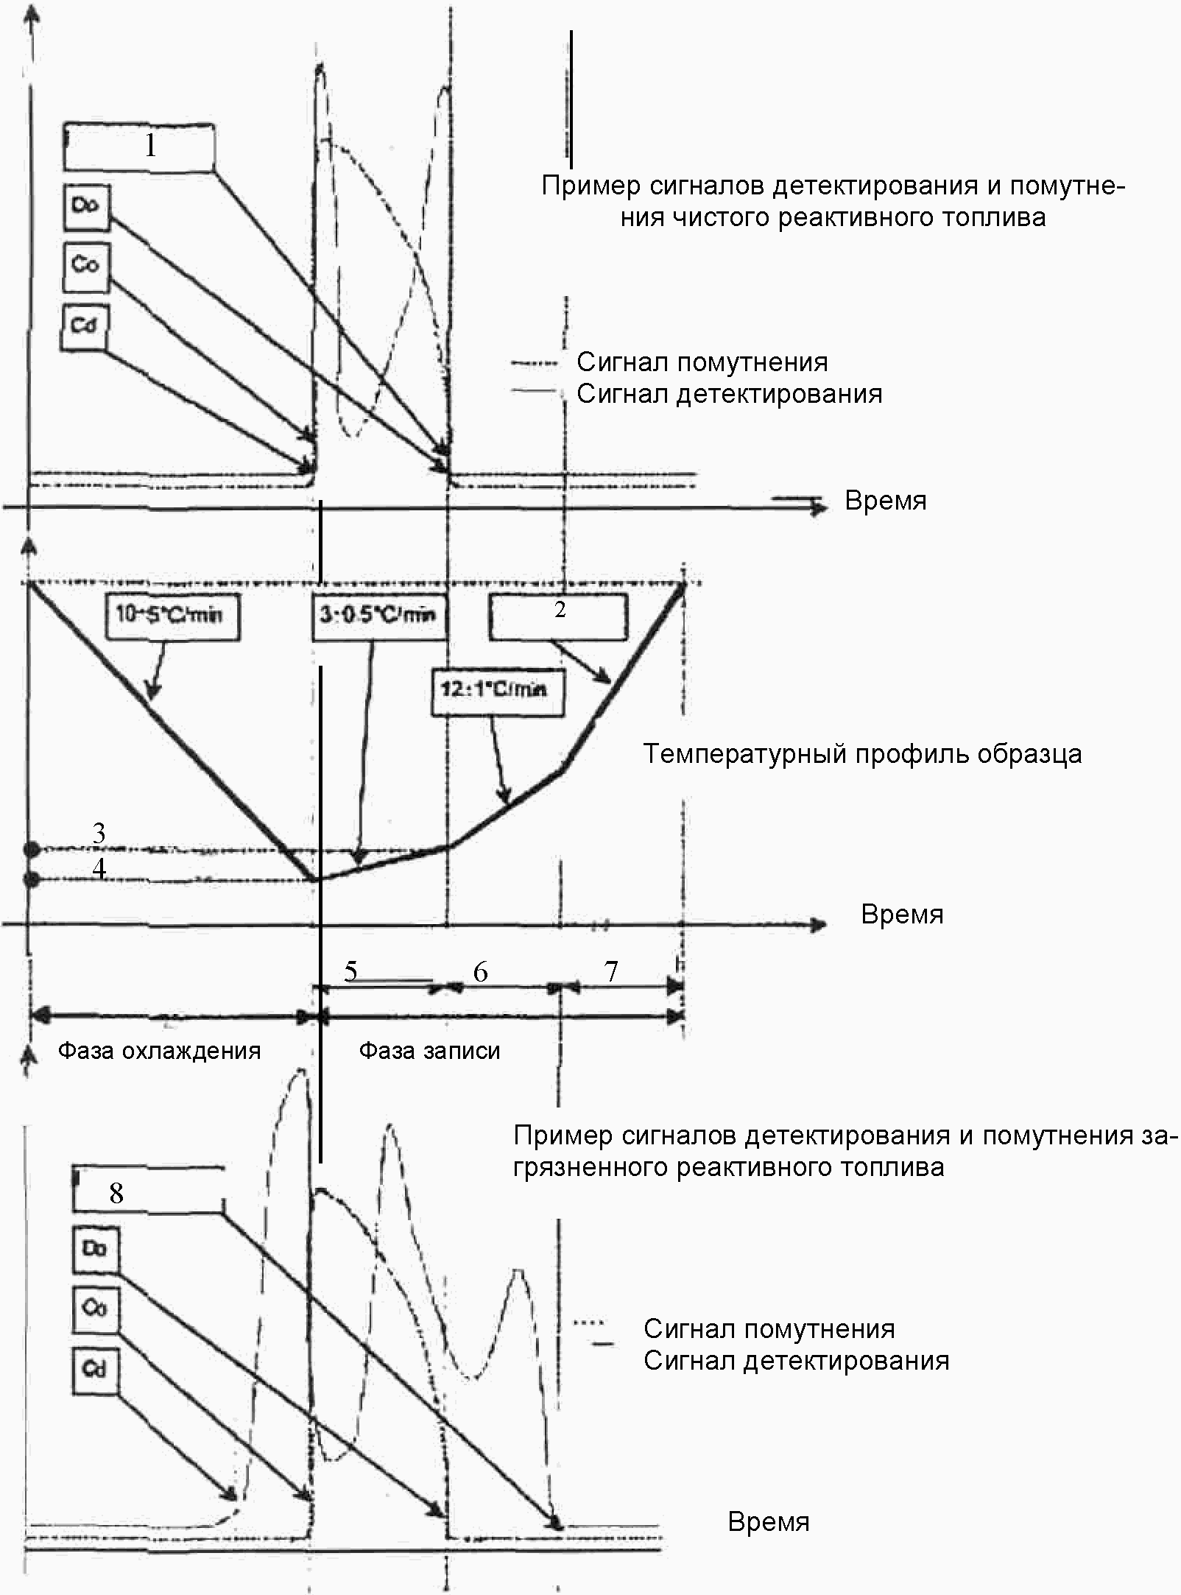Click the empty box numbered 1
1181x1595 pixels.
pos(140,147)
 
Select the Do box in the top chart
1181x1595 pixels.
pos(85,205)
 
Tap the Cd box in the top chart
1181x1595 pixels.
pos(85,325)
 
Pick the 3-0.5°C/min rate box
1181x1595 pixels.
pos(378,614)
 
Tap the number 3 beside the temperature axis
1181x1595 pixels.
pos(99,834)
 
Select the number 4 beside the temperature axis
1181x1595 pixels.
pos(99,868)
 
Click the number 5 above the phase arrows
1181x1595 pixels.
pos(350,971)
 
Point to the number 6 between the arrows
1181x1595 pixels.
pos(480,972)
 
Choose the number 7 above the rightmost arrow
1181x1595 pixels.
pos(611,972)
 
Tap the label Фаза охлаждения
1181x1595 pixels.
pos(159,1050)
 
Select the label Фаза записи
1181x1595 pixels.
pos(429,1050)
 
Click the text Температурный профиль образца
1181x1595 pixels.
pos(862,754)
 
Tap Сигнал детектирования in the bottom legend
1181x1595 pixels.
pos(796,1360)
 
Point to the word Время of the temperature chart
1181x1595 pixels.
pos(902,915)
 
